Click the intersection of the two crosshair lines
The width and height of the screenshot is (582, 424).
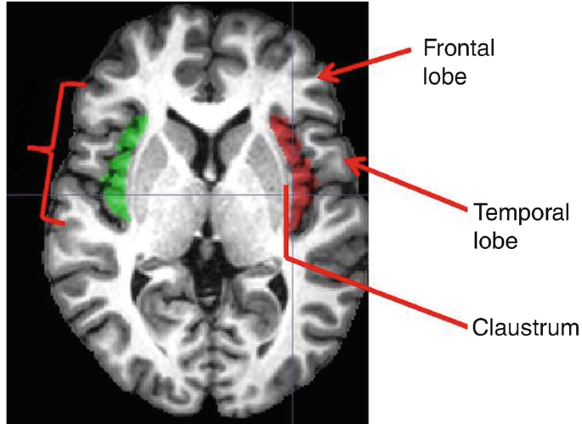click(291, 195)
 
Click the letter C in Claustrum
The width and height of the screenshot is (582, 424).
click(477, 326)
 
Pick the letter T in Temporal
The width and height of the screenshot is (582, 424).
click(477, 212)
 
